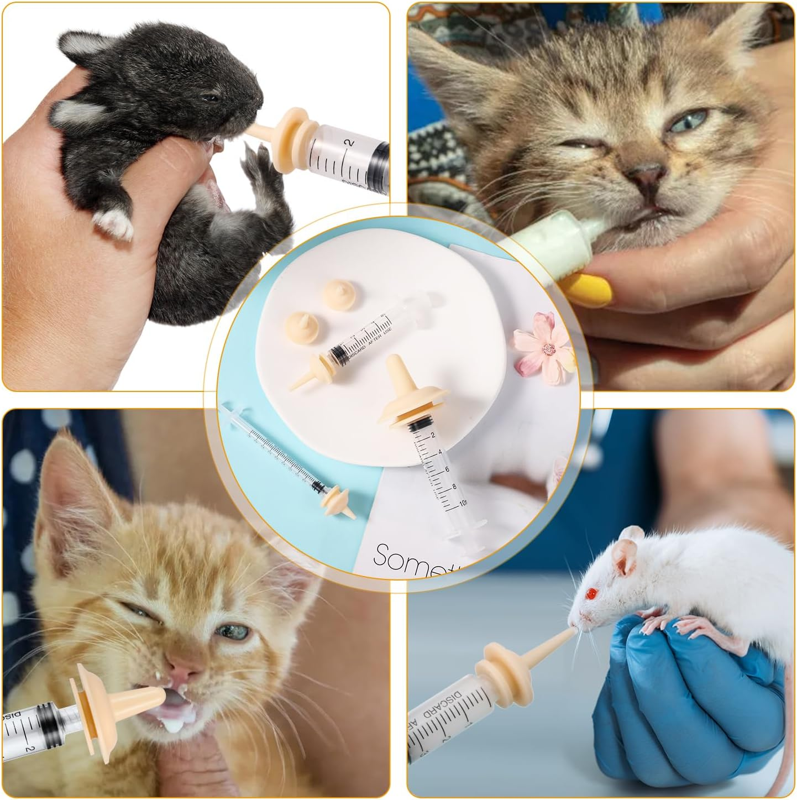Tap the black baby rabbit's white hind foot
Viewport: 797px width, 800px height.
click(x=113, y=223)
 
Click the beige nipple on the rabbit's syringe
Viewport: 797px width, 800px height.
click(x=285, y=138)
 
